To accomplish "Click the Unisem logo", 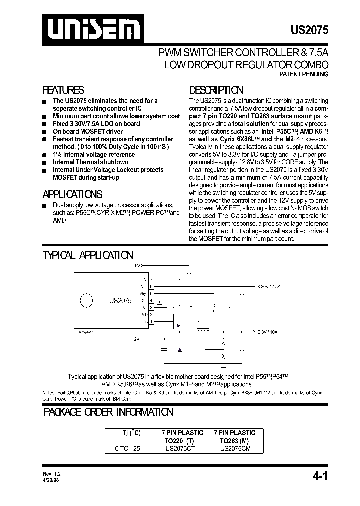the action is (x=90, y=29).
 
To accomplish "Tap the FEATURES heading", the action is (x=63, y=90).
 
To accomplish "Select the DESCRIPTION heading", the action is (x=216, y=90).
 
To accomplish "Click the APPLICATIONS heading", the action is (x=72, y=194).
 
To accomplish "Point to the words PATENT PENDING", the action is (x=303, y=74).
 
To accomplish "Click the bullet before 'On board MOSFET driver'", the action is (x=44, y=132).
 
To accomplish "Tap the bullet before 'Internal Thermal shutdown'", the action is (x=44, y=163).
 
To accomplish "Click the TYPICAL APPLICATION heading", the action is (x=88, y=255).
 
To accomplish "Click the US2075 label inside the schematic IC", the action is (x=120, y=301).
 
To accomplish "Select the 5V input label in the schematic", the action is (x=138, y=266).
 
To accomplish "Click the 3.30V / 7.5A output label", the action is (x=269, y=287).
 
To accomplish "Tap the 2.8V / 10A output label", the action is (x=268, y=332).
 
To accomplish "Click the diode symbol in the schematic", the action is (x=179, y=348).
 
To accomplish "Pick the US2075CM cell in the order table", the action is (x=234, y=449).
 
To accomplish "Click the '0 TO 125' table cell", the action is (x=128, y=449).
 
